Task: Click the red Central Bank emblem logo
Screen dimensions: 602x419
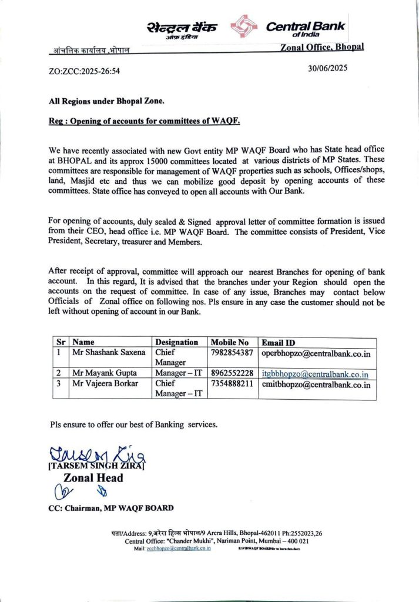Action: (244, 26)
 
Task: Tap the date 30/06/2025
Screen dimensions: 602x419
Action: (327, 68)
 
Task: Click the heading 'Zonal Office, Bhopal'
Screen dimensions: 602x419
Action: (322, 47)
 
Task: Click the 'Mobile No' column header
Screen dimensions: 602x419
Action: (230, 342)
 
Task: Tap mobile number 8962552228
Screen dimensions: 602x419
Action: (233, 374)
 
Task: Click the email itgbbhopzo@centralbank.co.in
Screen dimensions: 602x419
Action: (315, 374)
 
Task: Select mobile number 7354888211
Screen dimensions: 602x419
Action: (233, 384)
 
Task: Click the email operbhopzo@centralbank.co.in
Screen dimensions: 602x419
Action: (316, 353)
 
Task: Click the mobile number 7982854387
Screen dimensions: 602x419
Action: (233, 353)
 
